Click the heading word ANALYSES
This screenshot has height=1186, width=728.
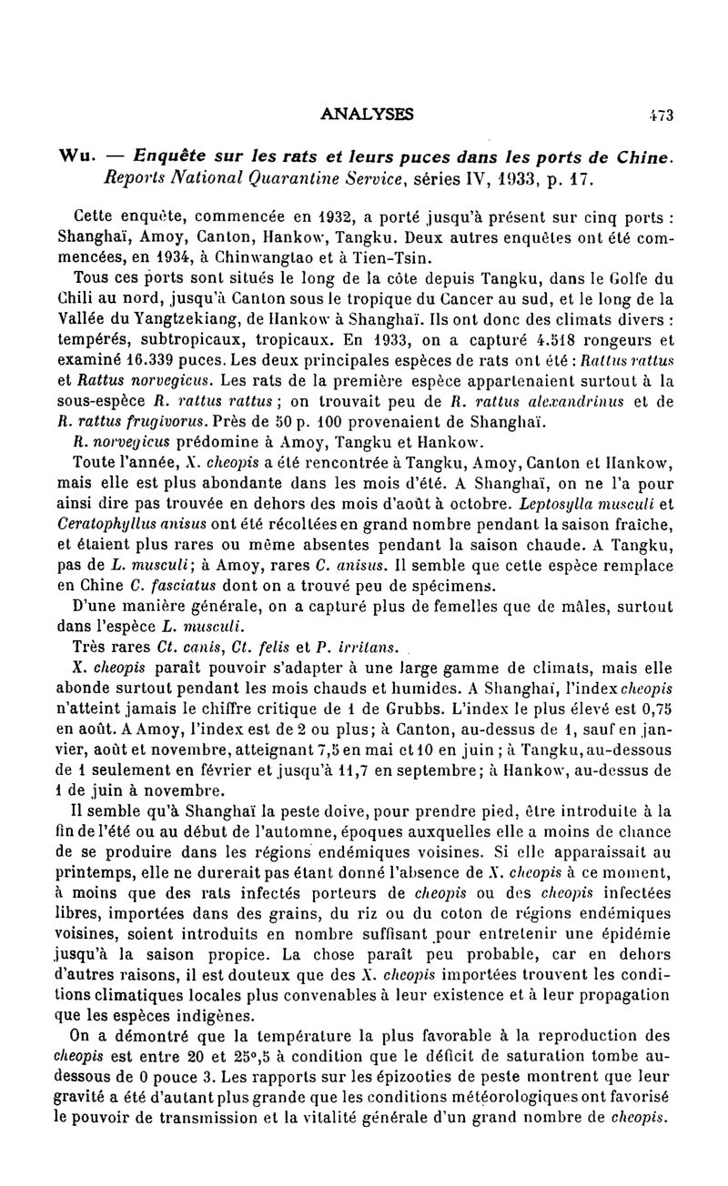(x=368, y=115)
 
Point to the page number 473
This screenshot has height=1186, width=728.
(x=661, y=116)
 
